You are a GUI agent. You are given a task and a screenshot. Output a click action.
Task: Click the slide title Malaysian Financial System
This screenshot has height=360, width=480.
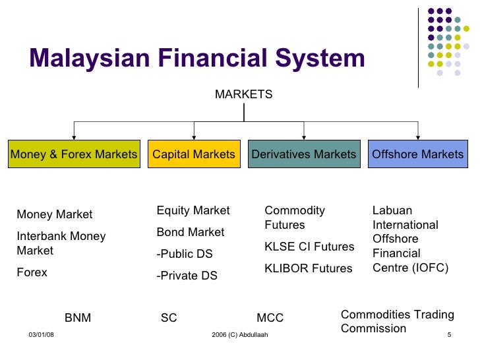pos(196,59)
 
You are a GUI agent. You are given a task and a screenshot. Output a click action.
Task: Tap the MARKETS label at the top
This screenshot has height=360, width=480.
pos(243,94)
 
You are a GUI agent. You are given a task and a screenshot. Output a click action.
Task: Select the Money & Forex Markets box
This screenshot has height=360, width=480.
pos(74,154)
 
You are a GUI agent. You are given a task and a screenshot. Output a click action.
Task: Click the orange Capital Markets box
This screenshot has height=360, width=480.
pos(193,154)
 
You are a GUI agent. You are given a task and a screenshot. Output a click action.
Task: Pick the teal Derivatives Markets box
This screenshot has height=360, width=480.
pos(303,154)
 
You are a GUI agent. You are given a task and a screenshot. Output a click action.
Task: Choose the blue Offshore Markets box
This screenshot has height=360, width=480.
pos(417,154)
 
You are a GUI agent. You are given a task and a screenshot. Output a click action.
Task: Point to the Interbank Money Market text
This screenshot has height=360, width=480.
pos(61,243)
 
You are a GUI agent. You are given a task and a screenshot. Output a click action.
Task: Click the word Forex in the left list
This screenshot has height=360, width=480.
pos(32,272)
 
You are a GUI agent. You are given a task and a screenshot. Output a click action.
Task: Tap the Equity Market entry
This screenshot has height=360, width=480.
pos(193,210)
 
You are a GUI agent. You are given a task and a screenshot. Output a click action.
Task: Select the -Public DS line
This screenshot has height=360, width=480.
pos(184,254)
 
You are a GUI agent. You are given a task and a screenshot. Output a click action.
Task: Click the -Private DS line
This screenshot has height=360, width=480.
pos(187,276)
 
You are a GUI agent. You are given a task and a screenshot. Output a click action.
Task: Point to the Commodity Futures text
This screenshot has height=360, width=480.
pos(294,218)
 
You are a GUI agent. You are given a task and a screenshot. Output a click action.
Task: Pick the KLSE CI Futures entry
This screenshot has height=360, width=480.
pos(309,247)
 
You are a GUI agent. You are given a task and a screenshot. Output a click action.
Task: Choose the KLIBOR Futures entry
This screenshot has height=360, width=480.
pos(308,268)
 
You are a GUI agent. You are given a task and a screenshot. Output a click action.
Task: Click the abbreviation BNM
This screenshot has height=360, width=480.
pos(78,318)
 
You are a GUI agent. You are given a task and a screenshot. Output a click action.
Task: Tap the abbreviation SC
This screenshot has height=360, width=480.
pos(169,318)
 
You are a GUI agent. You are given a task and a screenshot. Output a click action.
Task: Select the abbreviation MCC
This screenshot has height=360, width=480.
pos(270,318)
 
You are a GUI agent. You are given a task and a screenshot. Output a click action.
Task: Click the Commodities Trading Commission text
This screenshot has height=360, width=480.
pos(397,321)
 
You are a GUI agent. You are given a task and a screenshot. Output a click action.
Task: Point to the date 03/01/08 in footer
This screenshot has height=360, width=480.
pos(42,336)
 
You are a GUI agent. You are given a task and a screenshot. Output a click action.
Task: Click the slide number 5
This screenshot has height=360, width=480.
pos(448,336)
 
